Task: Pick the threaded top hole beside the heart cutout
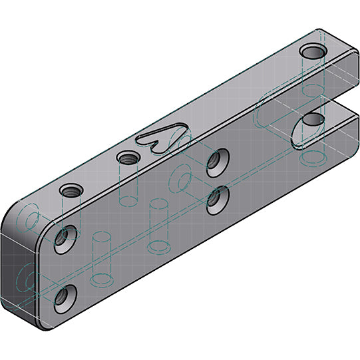[x=126, y=158]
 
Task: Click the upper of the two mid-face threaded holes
[x=215, y=161]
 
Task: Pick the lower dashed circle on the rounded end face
[x=27, y=279]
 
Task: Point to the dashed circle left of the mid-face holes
[x=180, y=178]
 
